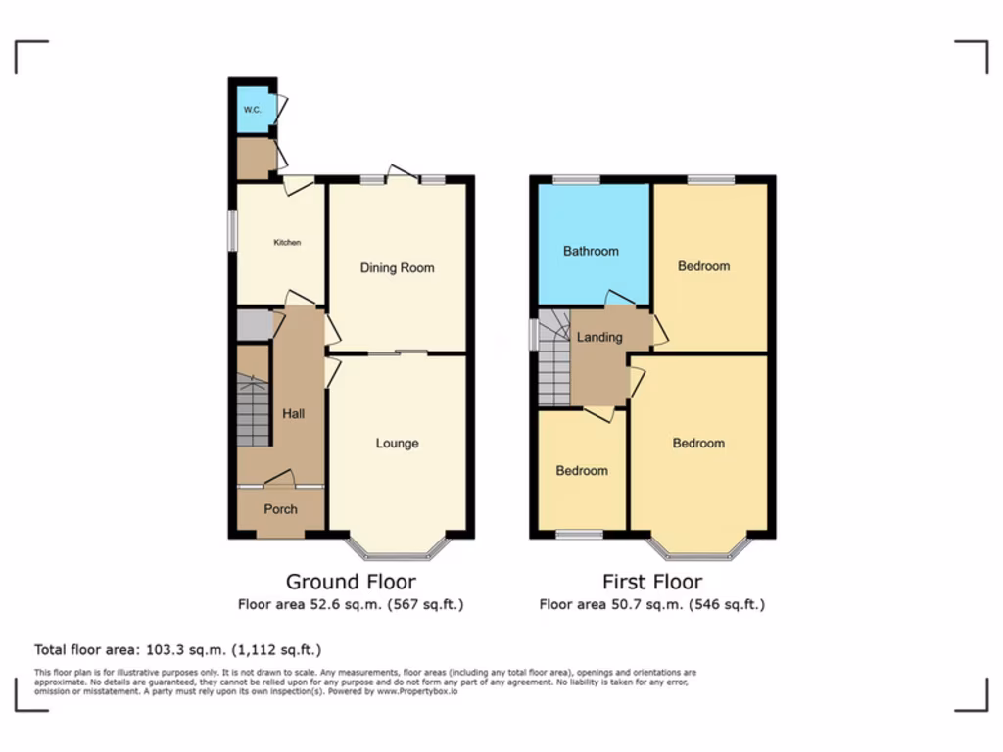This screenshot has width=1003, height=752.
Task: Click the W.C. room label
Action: tap(252, 110)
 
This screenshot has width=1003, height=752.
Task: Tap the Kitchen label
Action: tap(287, 242)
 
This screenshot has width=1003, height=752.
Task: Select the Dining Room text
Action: tap(397, 268)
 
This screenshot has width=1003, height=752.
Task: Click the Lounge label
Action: tap(397, 444)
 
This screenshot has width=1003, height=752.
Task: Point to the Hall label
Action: tap(293, 414)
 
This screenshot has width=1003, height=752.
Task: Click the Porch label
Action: tap(280, 509)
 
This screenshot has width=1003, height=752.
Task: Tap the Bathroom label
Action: tap(591, 251)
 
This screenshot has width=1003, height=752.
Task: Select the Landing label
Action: tap(599, 337)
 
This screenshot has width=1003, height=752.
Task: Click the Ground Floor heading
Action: tap(351, 582)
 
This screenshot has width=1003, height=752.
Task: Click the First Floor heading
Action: tap(652, 582)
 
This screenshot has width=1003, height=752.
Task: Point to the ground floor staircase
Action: tap(253, 411)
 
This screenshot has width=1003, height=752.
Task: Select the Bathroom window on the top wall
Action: tap(575, 179)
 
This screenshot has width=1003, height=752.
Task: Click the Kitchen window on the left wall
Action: tap(233, 230)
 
